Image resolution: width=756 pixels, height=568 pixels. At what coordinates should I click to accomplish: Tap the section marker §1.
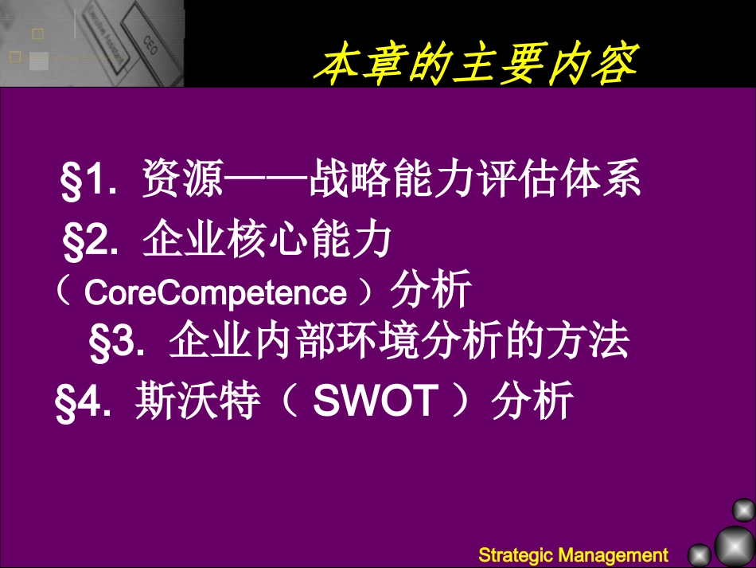tap(84, 182)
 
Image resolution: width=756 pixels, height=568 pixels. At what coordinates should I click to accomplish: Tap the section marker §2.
tap(87, 242)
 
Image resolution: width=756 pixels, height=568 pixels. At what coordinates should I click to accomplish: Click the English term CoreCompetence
tap(215, 293)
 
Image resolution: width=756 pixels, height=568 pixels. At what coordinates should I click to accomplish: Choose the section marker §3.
tap(114, 343)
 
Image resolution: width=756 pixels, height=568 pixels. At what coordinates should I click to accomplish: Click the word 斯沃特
tap(197, 402)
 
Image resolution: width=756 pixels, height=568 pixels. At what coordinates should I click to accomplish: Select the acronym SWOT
tap(376, 402)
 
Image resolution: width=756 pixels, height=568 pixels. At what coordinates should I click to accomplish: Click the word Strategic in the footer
tap(516, 554)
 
